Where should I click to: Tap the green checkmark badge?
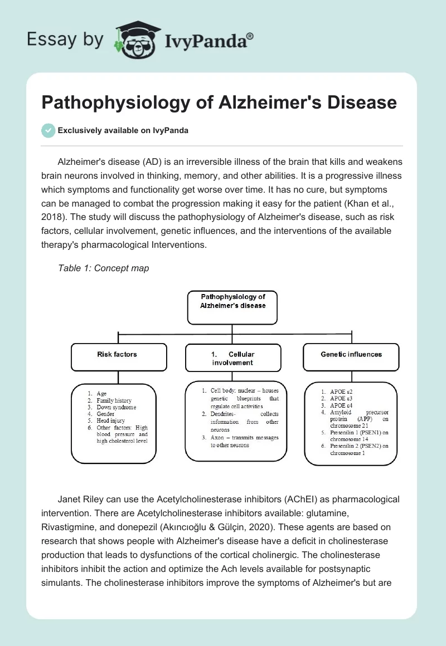coord(49,130)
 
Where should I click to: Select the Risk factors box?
coord(119,357)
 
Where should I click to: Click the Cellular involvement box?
coord(233,358)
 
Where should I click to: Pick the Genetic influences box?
coord(351,357)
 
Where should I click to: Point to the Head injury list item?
coord(110,421)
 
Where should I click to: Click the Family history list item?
coord(114,401)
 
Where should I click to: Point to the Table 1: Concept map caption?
coord(103,268)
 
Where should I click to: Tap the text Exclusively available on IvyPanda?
coord(123,130)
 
